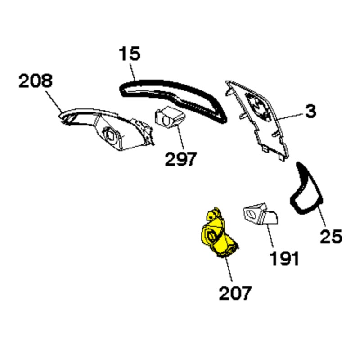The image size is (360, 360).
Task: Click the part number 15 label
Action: (x=130, y=54)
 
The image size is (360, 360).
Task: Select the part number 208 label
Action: (x=36, y=81)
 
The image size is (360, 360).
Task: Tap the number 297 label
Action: (x=181, y=159)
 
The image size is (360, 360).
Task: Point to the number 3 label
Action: (x=311, y=111)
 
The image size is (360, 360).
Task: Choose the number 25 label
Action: (x=331, y=237)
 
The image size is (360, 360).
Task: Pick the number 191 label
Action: (x=285, y=258)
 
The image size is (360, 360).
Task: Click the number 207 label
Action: (x=235, y=293)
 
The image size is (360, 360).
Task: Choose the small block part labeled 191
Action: (x=260, y=214)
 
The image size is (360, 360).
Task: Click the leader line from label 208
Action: (x=54, y=102)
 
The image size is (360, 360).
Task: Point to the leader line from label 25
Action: (x=322, y=217)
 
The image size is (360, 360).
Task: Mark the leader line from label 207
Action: (x=229, y=269)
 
